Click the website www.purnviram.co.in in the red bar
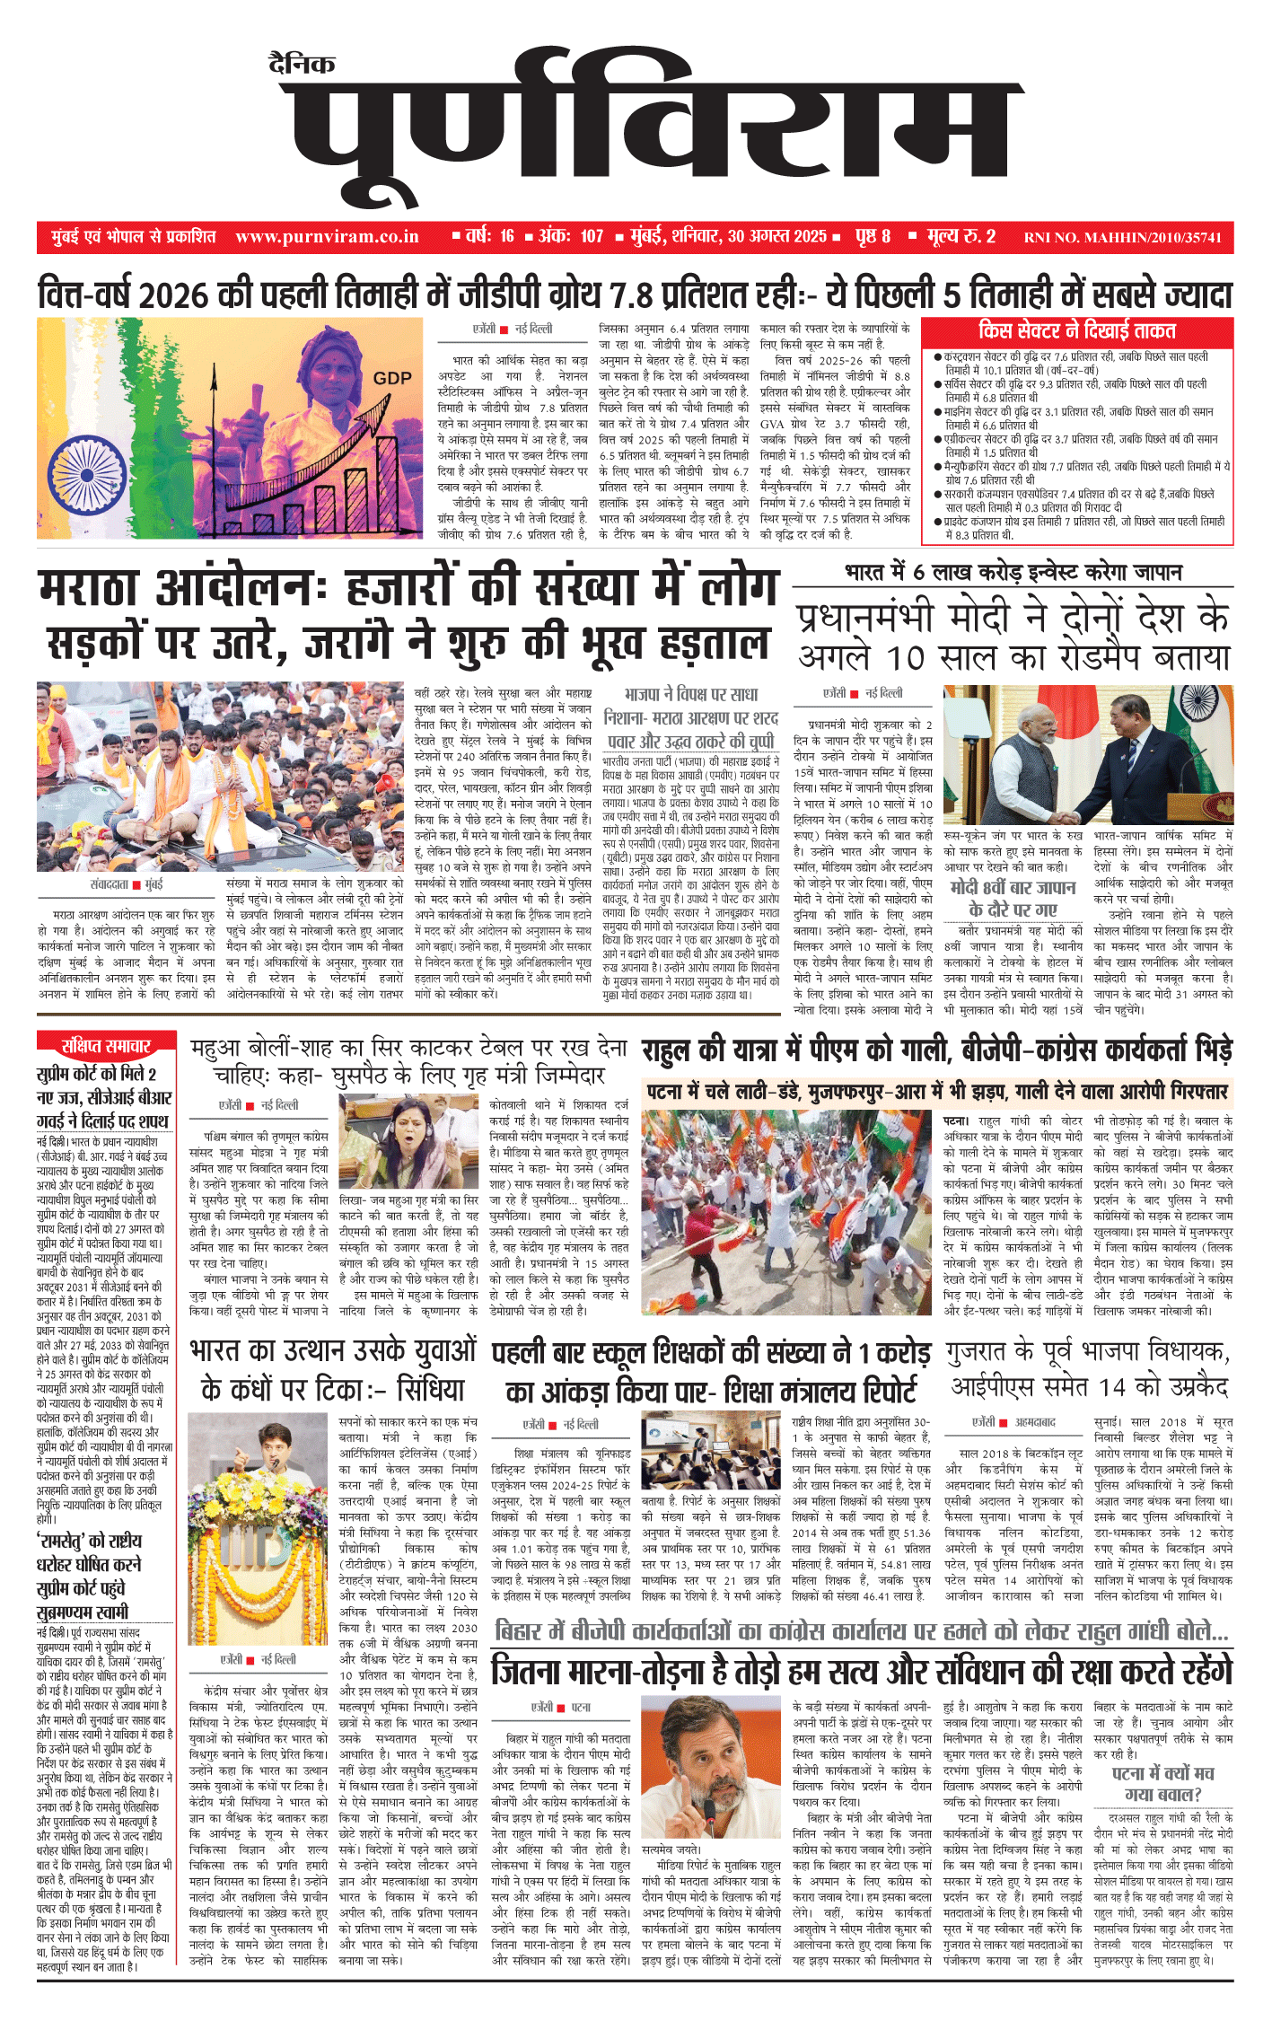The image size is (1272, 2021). (327, 237)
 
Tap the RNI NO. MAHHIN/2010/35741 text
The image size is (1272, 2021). (1122, 238)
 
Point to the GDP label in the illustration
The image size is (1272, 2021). (392, 379)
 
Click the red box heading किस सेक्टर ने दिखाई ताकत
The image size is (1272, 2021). (1076, 330)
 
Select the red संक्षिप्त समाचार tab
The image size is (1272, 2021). (105, 1046)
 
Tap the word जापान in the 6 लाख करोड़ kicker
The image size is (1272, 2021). (1158, 573)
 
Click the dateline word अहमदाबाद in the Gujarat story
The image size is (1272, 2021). (1035, 1423)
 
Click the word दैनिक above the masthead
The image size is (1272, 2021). (302, 64)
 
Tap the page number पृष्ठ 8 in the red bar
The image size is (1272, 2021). (873, 237)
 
